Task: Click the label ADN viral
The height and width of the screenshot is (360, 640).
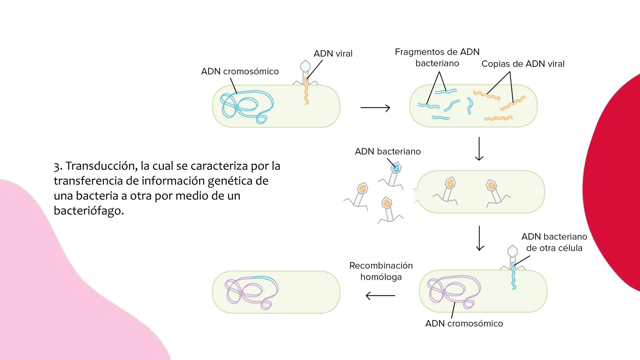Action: [333, 54]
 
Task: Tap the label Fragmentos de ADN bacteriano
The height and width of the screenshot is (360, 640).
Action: [437, 57]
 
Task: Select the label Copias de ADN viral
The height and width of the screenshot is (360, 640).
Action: [523, 64]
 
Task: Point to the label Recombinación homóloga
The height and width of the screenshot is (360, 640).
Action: [381, 271]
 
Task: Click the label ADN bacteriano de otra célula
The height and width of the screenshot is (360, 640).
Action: [554, 242]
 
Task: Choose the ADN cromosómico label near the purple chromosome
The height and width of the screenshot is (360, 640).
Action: [464, 323]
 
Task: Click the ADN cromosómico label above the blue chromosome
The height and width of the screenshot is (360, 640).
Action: [240, 71]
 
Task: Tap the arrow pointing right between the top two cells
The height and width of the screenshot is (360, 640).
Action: [375, 108]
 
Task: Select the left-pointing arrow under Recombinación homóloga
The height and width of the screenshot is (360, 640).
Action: [380, 296]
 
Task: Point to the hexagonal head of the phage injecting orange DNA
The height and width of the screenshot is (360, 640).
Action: [305, 66]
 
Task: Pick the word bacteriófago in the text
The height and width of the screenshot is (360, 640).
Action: [89, 210]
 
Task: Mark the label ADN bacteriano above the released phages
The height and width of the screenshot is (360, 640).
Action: [387, 151]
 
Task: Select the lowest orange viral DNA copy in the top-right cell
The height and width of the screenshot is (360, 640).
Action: [498, 118]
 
